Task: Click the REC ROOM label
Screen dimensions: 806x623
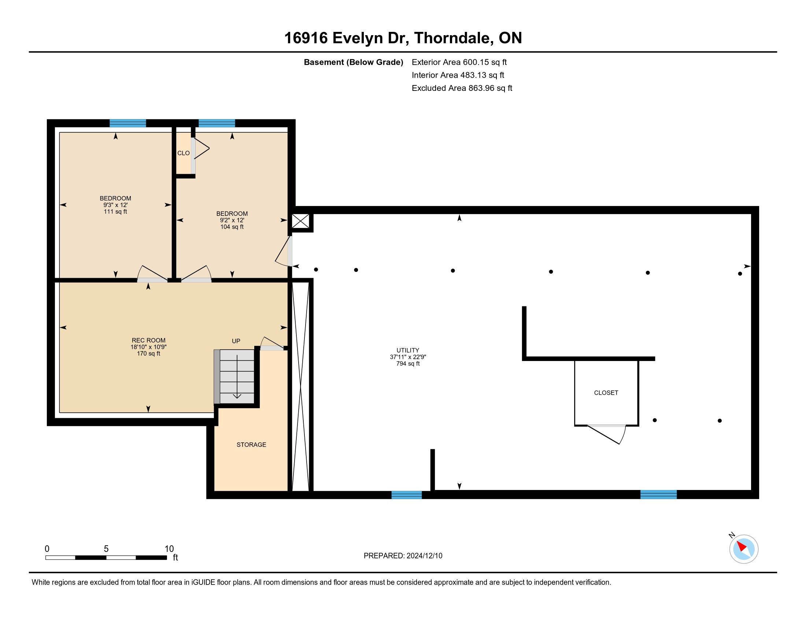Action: tap(149, 340)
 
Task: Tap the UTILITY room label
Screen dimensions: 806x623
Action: tap(408, 350)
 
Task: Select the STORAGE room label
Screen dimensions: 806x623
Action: tap(251, 445)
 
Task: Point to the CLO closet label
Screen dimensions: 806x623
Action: tap(184, 153)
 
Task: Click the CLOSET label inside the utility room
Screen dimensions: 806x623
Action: tap(606, 393)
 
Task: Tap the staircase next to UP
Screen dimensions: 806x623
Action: tap(237, 376)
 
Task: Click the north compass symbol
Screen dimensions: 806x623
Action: tap(743, 549)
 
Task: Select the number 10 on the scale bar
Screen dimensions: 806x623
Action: tap(169, 549)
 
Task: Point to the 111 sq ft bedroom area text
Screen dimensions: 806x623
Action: tap(115, 211)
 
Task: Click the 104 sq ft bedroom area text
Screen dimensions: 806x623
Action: tap(232, 226)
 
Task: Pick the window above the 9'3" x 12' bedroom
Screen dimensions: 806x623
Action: tap(128, 123)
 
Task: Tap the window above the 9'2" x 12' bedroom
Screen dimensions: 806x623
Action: tap(217, 123)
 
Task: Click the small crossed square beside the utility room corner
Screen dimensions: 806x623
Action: tap(300, 221)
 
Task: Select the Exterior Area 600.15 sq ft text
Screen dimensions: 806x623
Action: tap(459, 62)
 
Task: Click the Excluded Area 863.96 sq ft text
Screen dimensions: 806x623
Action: tap(462, 88)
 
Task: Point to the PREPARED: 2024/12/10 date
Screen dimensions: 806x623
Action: tap(403, 556)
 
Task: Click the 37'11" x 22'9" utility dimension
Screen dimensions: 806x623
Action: tap(408, 357)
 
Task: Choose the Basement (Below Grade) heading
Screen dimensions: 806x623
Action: tap(353, 62)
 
